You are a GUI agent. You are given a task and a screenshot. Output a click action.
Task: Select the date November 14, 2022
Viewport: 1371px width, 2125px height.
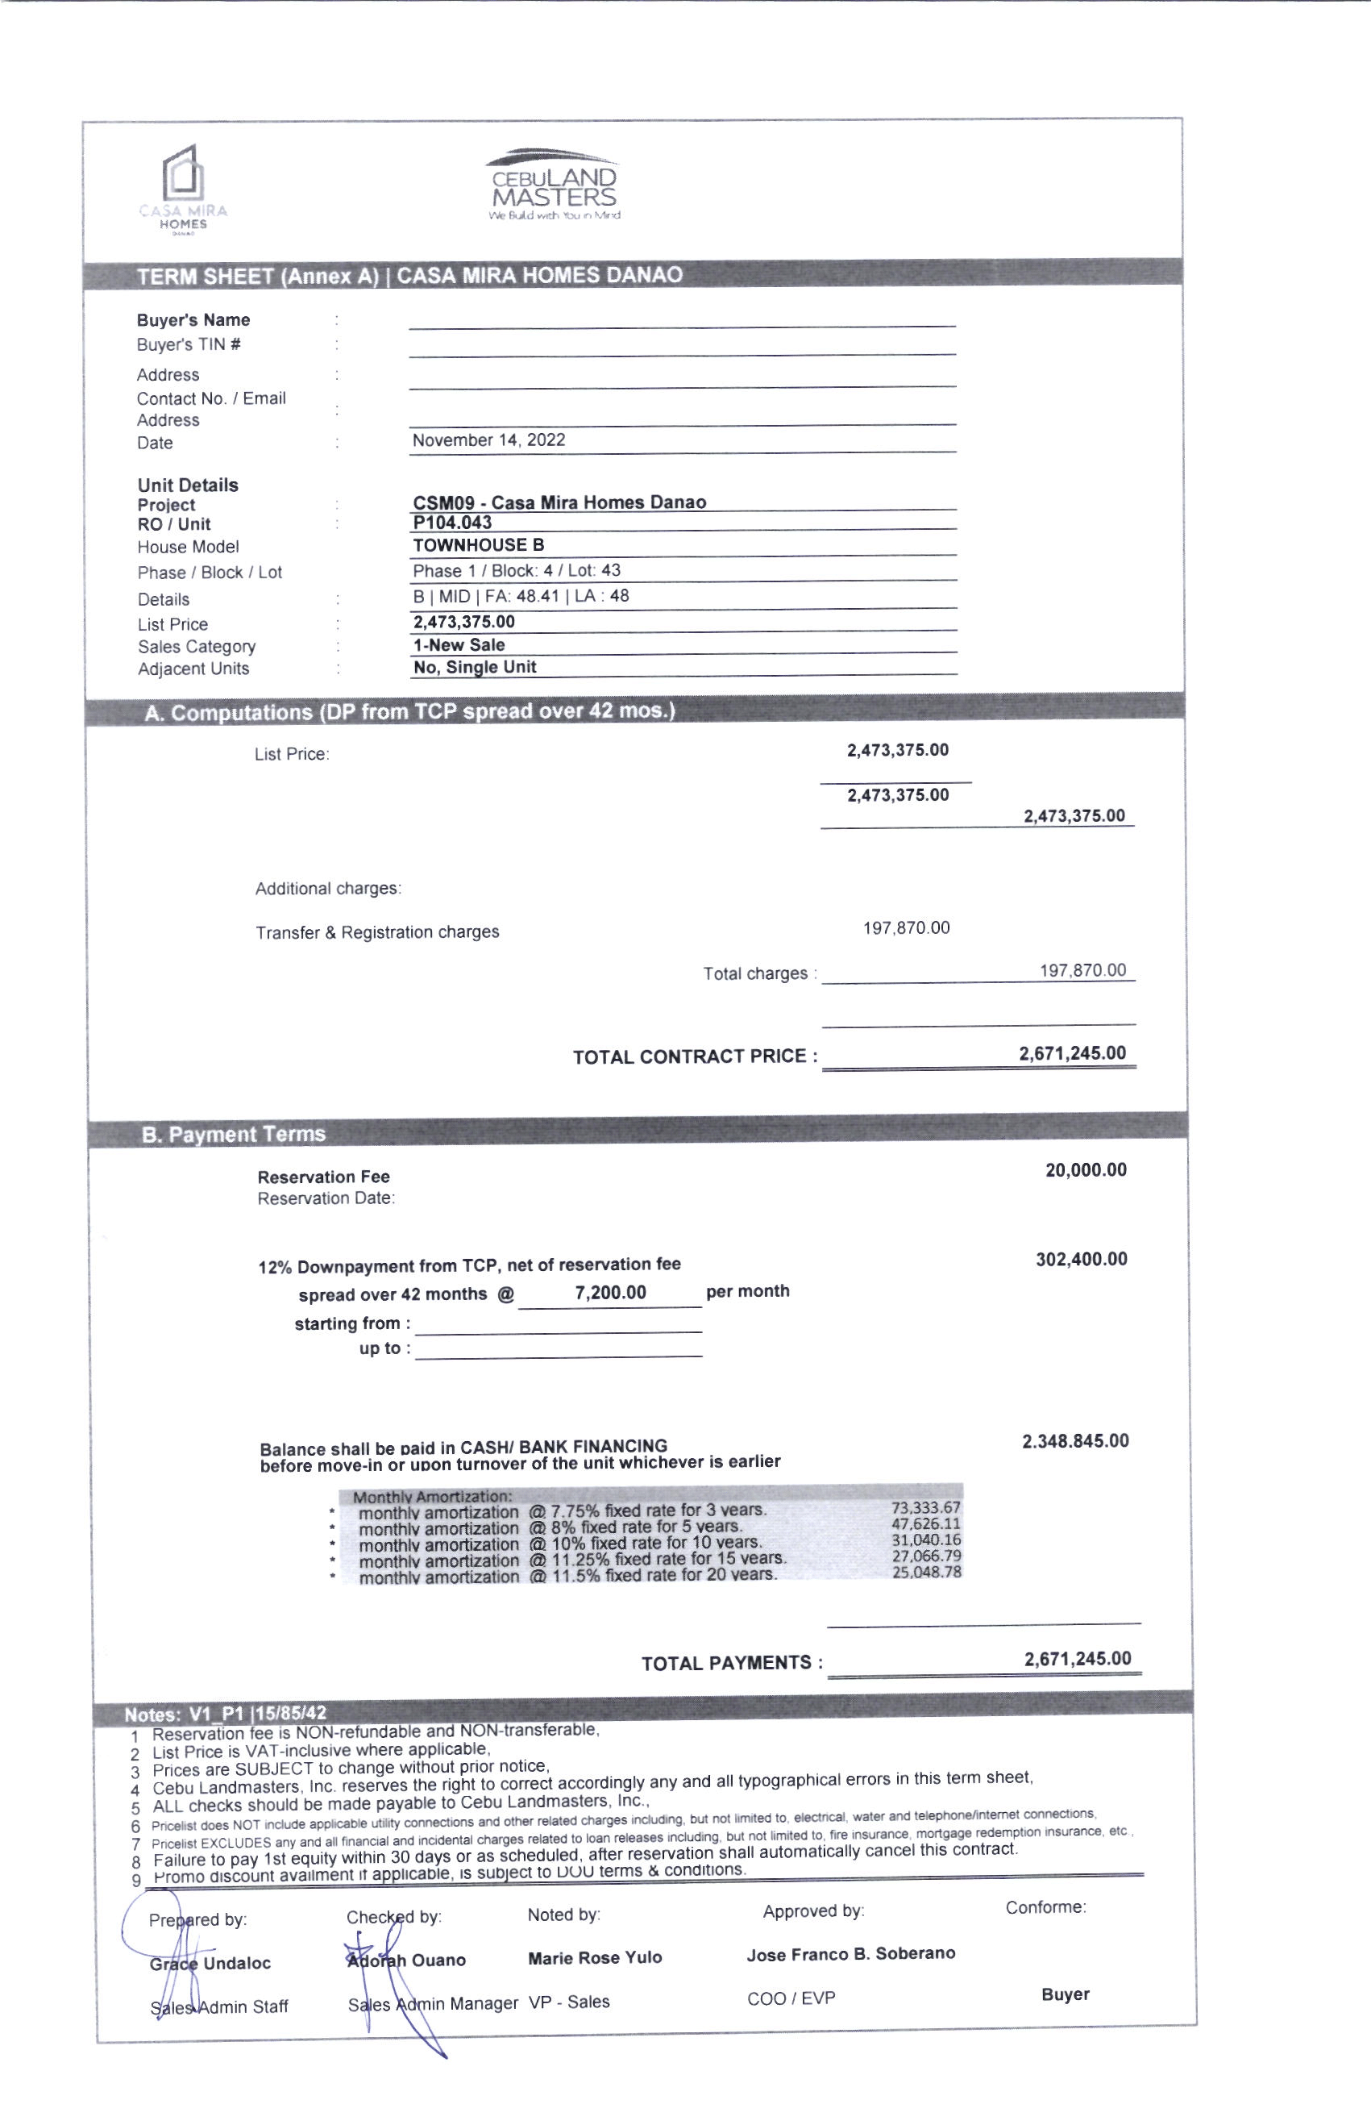[488, 440]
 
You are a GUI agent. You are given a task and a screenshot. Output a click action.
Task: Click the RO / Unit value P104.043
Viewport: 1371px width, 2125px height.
[452, 523]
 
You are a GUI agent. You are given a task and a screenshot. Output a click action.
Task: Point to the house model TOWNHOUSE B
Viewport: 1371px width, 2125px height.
[478, 545]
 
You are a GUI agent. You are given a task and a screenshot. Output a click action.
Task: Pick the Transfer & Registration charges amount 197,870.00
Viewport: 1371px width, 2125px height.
[905, 928]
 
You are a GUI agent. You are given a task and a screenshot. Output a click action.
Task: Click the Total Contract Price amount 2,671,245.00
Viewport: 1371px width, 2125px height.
[1072, 1053]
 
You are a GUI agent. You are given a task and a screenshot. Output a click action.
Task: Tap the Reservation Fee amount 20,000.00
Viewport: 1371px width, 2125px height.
[1085, 1169]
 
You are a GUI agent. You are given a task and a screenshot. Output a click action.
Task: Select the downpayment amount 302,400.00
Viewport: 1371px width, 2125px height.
[1081, 1260]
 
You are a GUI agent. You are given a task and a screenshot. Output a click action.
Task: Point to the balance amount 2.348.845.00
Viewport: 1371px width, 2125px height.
[1074, 1441]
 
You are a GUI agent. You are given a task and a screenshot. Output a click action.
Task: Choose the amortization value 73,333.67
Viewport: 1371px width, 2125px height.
[926, 1508]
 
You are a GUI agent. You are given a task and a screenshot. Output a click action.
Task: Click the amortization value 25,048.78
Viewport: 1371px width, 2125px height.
[926, 1572]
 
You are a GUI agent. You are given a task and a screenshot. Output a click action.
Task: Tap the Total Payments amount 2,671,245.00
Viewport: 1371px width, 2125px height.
[1077, 1658]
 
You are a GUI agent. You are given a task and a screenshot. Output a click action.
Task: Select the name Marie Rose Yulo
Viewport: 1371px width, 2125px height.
[595, 1957]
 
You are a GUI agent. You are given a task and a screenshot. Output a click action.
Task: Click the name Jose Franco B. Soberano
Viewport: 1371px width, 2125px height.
[850, 1954]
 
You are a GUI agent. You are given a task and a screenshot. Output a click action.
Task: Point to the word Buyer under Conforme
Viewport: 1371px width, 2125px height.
[1065, 1994]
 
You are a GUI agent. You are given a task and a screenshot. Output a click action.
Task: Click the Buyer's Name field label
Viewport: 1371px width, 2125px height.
[193, 319]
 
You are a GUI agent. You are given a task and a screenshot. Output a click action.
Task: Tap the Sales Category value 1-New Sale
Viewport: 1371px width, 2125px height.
[459, 645]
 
